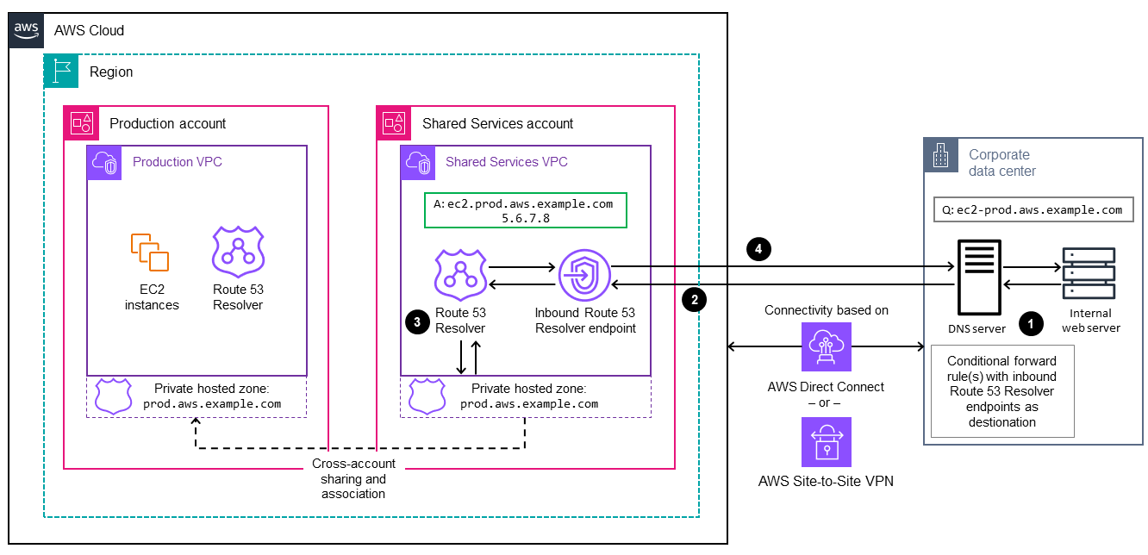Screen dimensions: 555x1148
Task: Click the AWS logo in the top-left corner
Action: pyautogui.click(x=26, y=29)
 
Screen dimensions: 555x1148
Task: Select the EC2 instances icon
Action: pyautogui.click(x=151, y=252)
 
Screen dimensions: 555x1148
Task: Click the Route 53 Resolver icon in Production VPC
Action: pyautogui.click(x=238, y=252)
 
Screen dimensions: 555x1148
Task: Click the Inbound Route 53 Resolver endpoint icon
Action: pyautogui.click(x=584, y=277)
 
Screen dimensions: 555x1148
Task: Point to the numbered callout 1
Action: pyautogui.click(x=1031, y=323)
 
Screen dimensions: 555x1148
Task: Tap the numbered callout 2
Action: pyautogui.click(x=694, y=299)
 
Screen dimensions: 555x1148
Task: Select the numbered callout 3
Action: pyautogui.click(x=417, y=321)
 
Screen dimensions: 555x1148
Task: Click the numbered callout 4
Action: pyautogui.click(x=758, y=249)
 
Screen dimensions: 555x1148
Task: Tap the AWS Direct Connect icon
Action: pyautogui.click(x=826, y=347)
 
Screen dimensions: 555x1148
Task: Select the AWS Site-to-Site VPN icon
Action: pyautogui.click(x=826, y=442)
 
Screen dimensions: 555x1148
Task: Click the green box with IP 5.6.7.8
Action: pyautogui.click(x=525, y=210)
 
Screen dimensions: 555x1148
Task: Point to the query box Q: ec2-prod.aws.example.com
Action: pyautogui.click(x=1031, y=209)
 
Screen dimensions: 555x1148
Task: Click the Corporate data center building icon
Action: pyautogui.click(x=940, y=156)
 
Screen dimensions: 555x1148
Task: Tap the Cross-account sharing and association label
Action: pyautogui.click(x=353, y=478)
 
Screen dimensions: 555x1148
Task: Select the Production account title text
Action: pyautogui.click(x=167, y=123)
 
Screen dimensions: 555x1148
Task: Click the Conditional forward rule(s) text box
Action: pyautogui.click(x=1002, y=391)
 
